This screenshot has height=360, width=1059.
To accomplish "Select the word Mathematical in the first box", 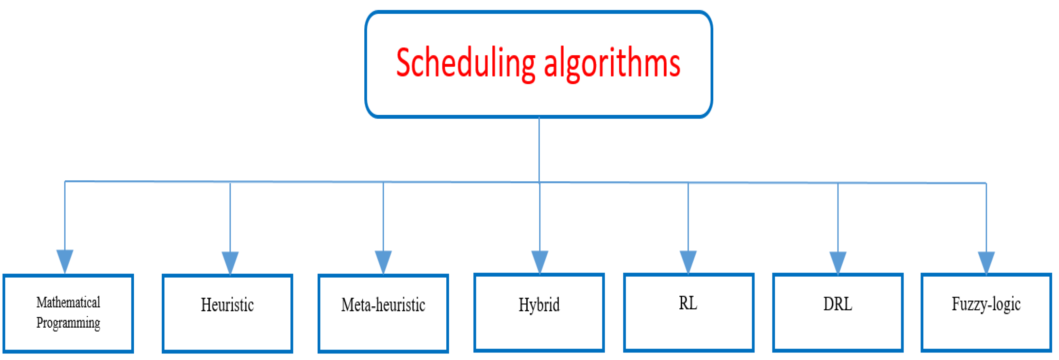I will [x=68, y=303].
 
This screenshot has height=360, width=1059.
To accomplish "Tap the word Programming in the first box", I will [x=68, y=323].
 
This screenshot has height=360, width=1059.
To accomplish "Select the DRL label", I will [x=837, y=304].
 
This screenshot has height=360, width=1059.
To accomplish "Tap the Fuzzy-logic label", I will [x=986, y=304].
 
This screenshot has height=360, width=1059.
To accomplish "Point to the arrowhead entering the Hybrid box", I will [x=539, y=261].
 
